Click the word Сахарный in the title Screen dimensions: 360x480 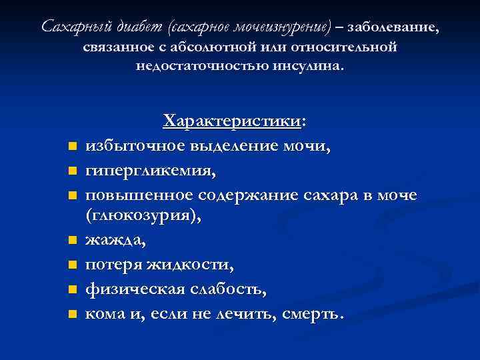[70, 27]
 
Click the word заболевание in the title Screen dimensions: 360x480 [394, 27]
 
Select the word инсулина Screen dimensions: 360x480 [309, 67]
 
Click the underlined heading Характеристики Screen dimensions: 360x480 [232, 121]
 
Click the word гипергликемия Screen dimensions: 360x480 [150, 170]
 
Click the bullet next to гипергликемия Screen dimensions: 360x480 [71, 171]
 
